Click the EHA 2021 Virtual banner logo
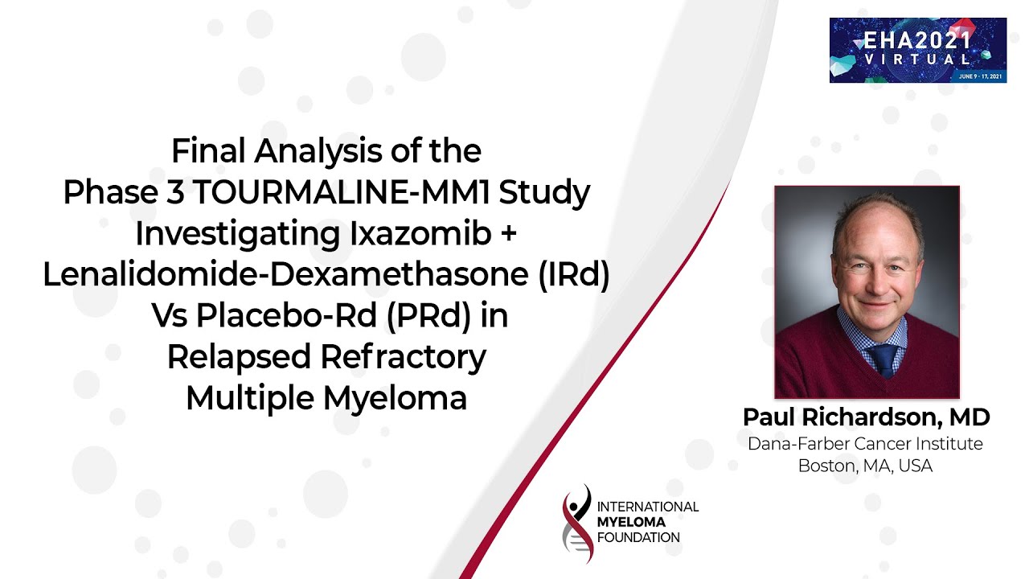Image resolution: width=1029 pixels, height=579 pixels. (x=918, y=50)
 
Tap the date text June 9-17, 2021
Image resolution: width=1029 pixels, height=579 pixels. (x=980, y=76)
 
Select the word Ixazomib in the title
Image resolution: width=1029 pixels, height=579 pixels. (x=420, y=233)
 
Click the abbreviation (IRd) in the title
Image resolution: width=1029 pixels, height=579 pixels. (x=574, y=275)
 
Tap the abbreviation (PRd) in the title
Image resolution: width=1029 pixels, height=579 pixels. (x=428, y=316)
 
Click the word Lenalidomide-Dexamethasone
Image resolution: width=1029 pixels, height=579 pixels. (x=285, y=275)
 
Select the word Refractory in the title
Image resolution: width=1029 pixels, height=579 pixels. (x=404, y=357)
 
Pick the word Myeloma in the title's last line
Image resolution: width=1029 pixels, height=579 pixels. (x=396, y=398)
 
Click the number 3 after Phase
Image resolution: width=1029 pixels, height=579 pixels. (x=175, y=192)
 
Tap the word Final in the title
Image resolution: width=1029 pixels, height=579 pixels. (x=208, y=150)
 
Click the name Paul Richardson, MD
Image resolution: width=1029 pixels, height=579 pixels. (x=867, y=417)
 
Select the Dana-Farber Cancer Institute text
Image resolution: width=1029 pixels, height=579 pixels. (x=866, y=444)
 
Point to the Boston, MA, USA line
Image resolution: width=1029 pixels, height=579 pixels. (x=866, y=466)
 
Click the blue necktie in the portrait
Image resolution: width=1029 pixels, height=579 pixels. (x=883, y=361)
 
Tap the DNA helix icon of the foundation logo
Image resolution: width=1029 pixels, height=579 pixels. (x=577, y=524)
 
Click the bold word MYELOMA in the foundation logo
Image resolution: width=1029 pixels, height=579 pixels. (x=631, y=523)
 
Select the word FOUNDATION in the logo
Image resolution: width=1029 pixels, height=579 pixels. (x=638, y=538)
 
